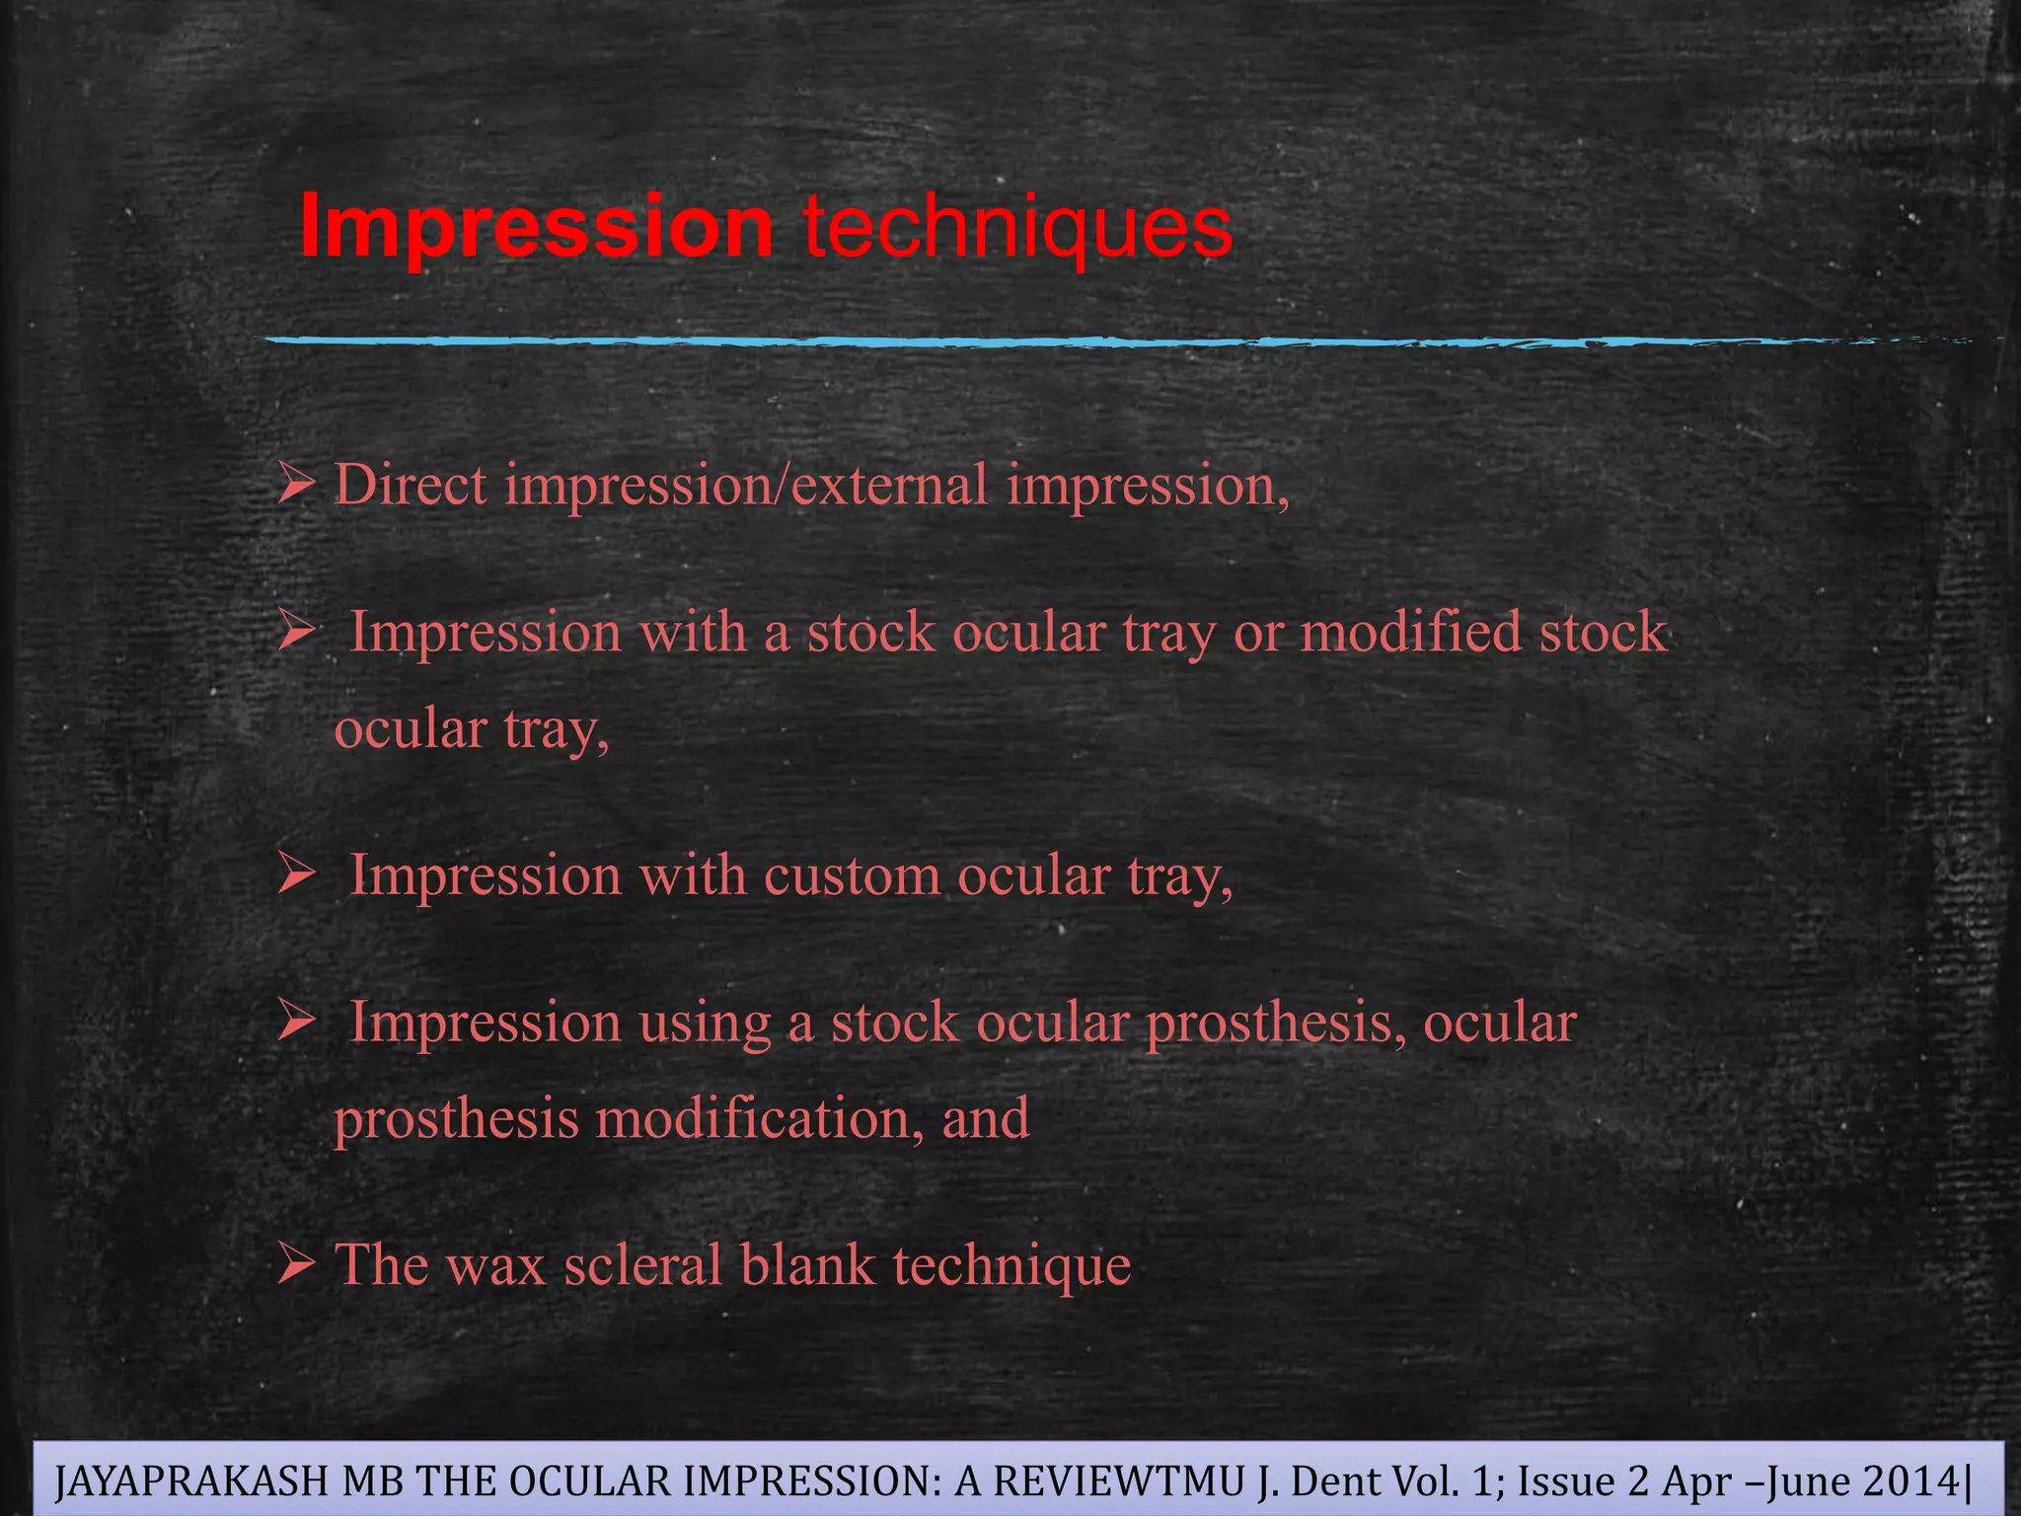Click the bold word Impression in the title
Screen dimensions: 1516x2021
[x=536, y=227]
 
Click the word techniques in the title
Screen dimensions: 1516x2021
[x=1017, y=227]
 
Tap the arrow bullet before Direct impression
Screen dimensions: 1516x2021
[x=295, y=486]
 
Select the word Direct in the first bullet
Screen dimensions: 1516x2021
[x=411, y=486]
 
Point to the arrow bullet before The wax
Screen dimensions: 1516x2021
[x=295, y=1263]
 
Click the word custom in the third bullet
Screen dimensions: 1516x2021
[x=852, y=876]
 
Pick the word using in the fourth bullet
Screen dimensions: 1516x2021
[x=705, y=1023]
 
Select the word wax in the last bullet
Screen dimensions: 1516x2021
[x=495, y=1265]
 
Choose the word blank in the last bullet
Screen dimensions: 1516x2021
[x=807, y=1265]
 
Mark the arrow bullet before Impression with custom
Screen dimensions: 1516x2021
[x=295, y=874]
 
